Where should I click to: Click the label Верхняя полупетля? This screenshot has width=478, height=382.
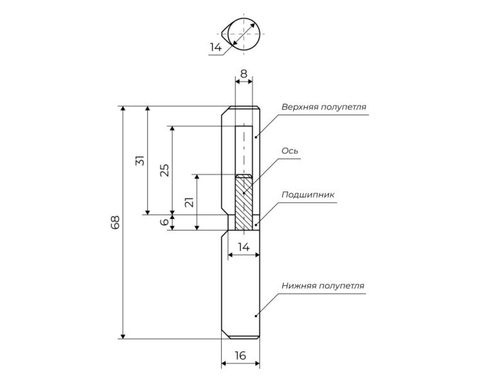pos(324,107)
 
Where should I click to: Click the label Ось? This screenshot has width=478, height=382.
pos(290,151)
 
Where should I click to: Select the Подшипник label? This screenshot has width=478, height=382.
pos(308,195)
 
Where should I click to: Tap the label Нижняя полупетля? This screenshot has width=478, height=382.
pos(323,286)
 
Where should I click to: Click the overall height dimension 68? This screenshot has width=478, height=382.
pos(115,222)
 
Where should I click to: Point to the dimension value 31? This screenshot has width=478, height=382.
pos(140,161)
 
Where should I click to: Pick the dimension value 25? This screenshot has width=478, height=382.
pos(165,170)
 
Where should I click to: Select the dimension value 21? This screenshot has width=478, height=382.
pos(189,202)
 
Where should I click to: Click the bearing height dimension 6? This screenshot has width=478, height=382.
pos(165,222)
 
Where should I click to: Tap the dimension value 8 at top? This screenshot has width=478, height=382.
pos(243,74)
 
